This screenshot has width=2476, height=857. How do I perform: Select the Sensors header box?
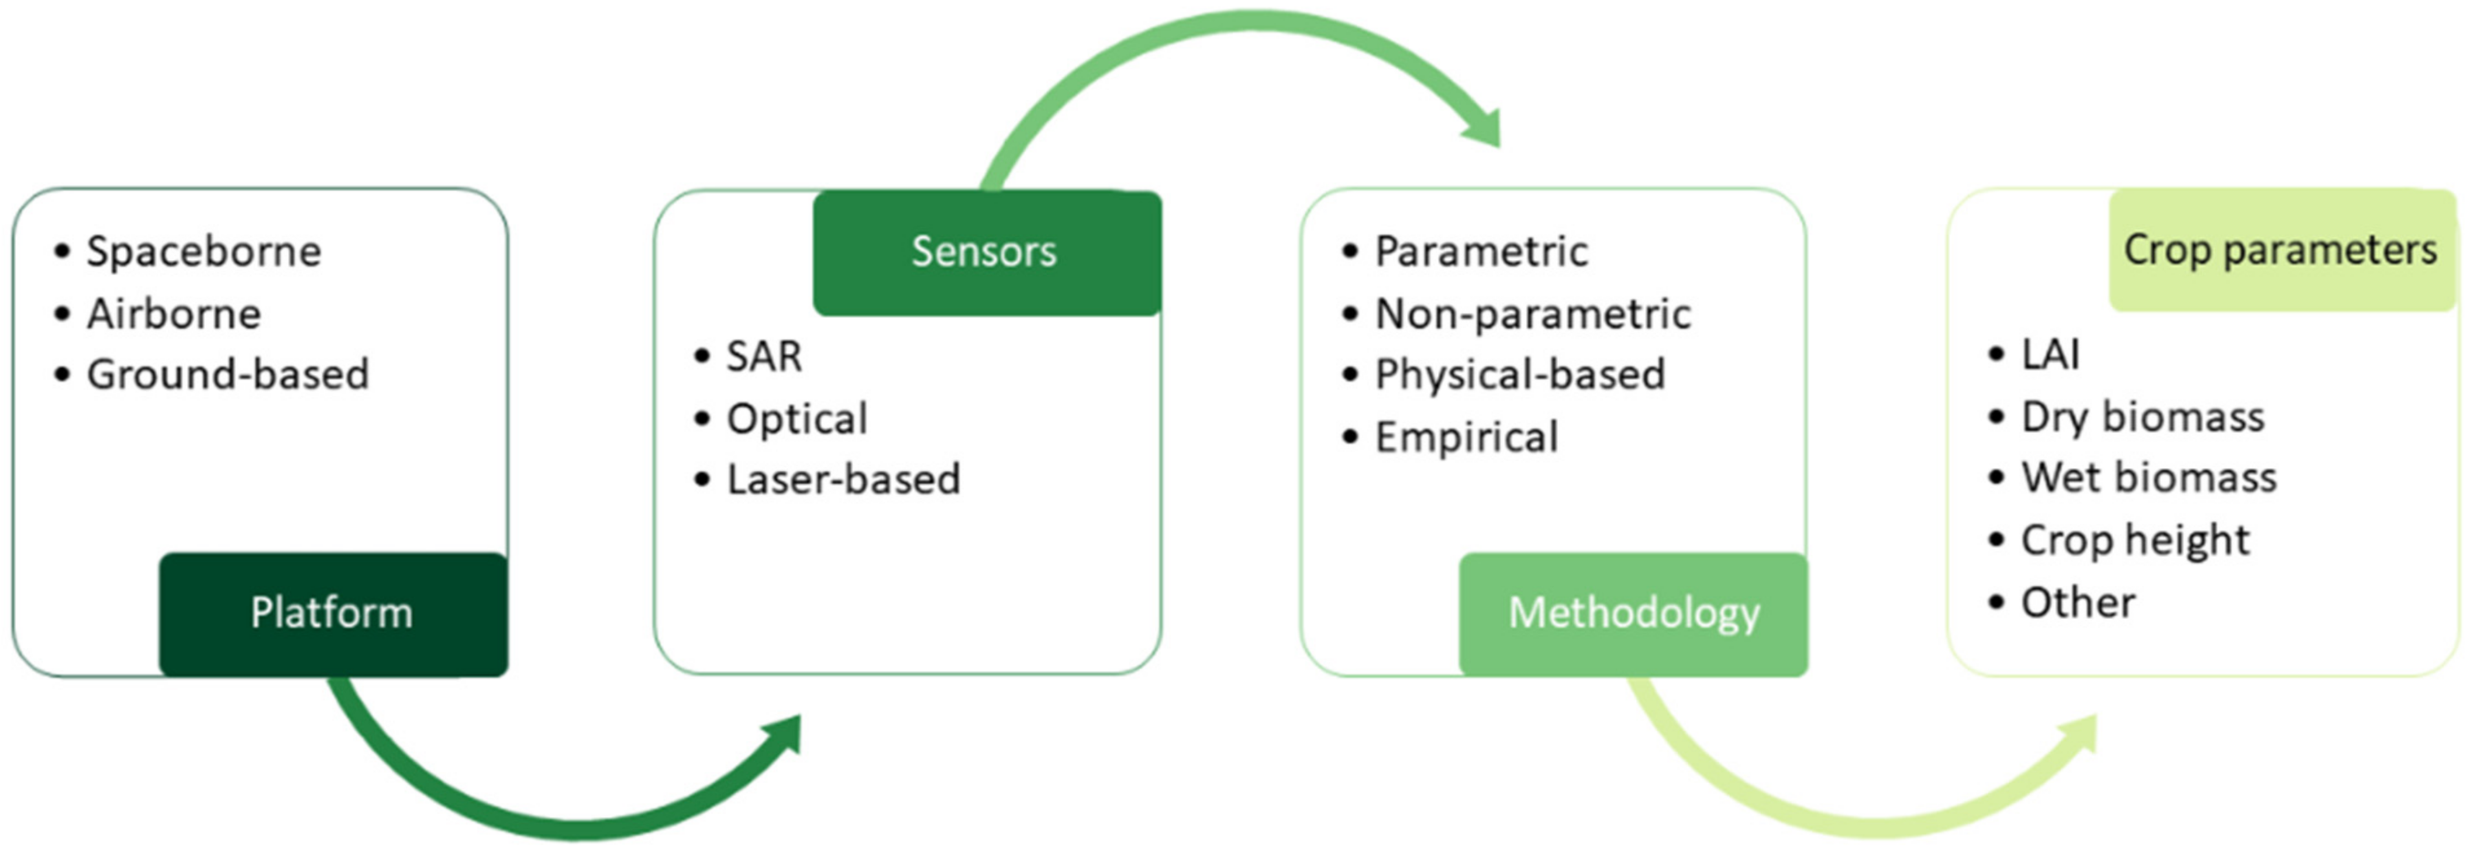coord(986,253)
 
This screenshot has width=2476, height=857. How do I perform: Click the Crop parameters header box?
coord(2280,251)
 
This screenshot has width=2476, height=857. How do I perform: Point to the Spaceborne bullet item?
coord(204,251)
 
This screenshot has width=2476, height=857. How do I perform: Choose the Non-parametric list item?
coord(1532,314)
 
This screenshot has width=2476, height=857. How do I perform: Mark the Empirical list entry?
coord(1466,437)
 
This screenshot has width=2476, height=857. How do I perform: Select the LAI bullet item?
coord(2049,355)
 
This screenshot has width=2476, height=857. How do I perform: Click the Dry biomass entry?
coord(2142,417)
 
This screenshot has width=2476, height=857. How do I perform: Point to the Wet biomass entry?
coord(2148,478)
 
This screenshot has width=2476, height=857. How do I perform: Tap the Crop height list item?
coord(2134,540)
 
